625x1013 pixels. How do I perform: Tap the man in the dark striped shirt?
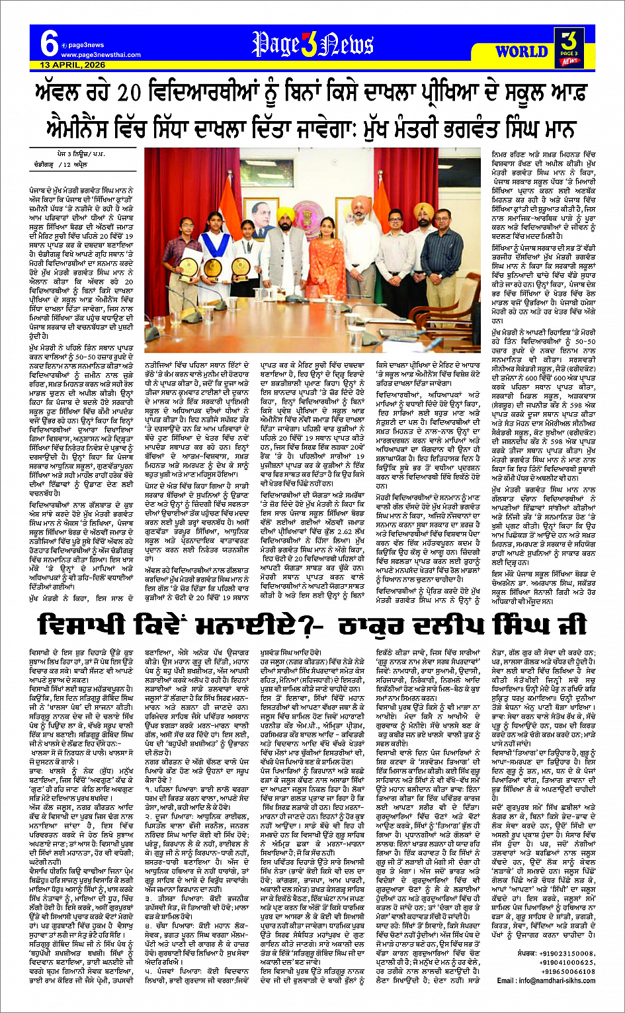[443, 273]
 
